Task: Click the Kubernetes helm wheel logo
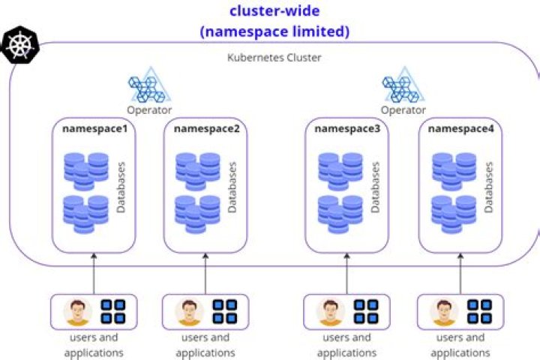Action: pyautogui.click(x=16, y=44)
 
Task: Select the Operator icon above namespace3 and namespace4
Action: pyautogui.click(x=403, y=89)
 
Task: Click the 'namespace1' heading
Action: pyautogui.click(x=94, y=128)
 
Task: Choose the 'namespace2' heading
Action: pyautogui.click(x=206, y=128)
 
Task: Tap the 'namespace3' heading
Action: pyautogui.click(x=347, y=128)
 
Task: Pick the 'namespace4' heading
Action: pyautogui.click(x=460, y=128)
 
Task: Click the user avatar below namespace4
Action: pyautogui.click(x=444, y=312)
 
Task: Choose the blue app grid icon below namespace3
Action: pyautogui.click(x=366, y=311)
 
